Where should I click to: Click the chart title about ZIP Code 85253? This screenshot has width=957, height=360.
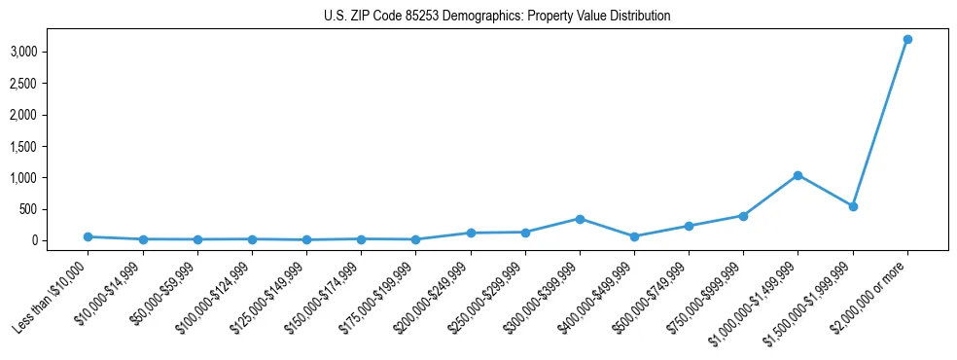point(497,17)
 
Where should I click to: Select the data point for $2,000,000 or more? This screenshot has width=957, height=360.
point(907,39)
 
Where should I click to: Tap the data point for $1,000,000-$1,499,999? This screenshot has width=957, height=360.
point(797,175)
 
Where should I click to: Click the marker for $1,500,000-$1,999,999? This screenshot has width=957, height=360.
point(853,206)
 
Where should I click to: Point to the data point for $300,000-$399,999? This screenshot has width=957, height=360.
point(580,219)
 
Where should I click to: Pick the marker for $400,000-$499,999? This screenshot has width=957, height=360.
point(634,236)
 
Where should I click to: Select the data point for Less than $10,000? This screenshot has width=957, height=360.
point(88,236)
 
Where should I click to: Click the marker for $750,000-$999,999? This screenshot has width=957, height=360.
point(743,216)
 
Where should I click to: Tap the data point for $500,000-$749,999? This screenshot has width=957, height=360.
point(689,226)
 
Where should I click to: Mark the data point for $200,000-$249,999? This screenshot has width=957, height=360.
point(471,233)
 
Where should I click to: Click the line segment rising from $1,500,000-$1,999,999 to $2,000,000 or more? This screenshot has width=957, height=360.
point(880,123)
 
